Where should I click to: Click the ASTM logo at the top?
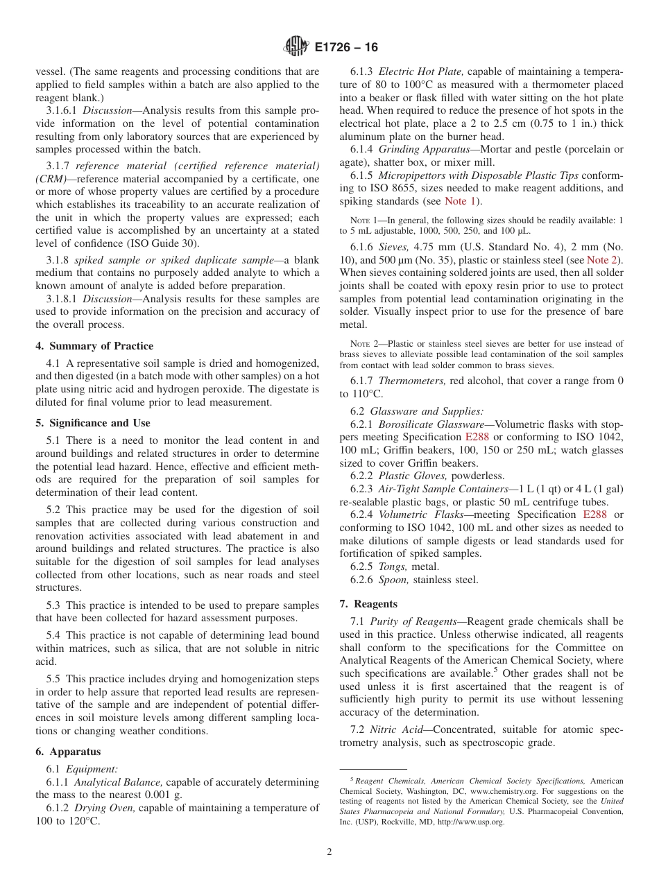(x=296, y=47)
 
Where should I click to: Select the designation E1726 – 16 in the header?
(x=346, y=48)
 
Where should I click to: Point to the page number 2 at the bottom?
(x=329, y=852)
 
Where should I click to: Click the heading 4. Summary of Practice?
(x=94, y=346)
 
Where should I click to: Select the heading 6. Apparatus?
(x=68, y=752)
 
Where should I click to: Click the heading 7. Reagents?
(x=368, y=604)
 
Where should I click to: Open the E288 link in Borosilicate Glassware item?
(x=477, y=437)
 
